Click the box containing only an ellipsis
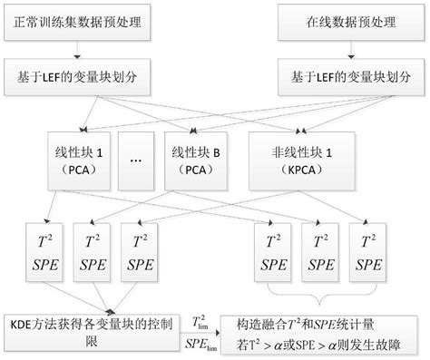tap(137, 160)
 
